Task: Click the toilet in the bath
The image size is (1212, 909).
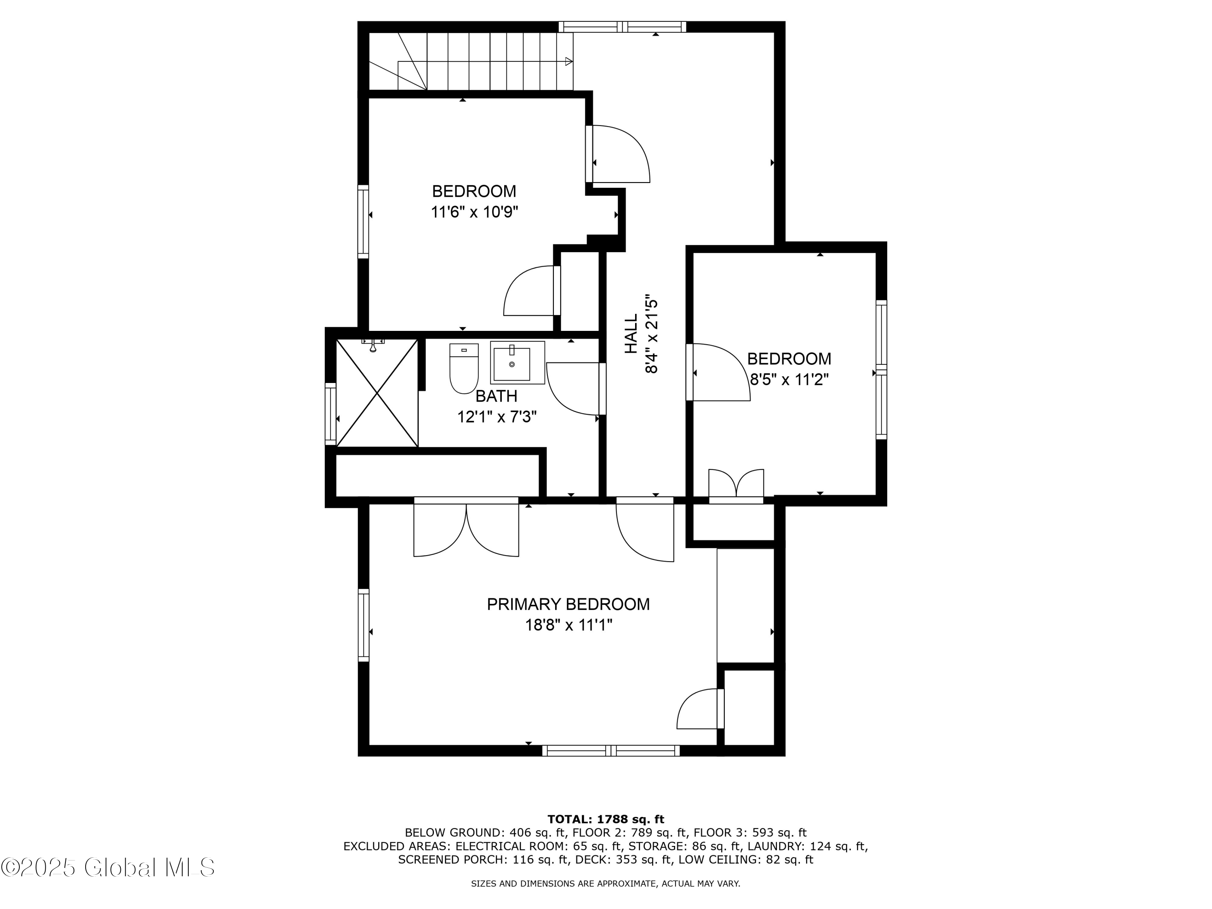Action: (x=463, y=369)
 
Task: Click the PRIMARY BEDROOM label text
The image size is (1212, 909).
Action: (x=568, y=604)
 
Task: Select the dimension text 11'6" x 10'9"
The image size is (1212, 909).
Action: (x=475, y=212)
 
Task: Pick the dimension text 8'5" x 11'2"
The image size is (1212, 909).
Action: (x=789, y=380)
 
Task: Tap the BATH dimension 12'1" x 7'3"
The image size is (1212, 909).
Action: (x=497, y=417)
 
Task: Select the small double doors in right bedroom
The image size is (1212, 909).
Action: (x=736, y=485)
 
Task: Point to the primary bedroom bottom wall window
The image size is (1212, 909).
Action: (x=611, y=751)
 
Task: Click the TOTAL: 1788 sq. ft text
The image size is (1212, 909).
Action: (x=606, y=819)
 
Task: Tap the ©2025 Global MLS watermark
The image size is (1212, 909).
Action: (x=108, y=867)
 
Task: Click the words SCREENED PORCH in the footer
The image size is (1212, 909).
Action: (x=453, y=860)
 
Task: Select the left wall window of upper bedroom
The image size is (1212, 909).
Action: (x=363, y=221)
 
